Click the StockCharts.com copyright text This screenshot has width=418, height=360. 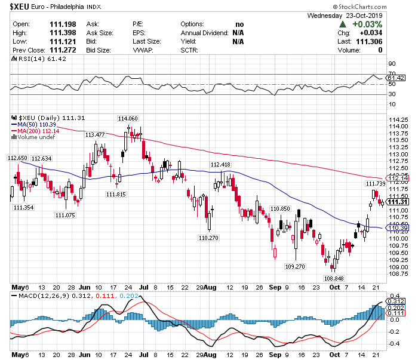click(380, 6)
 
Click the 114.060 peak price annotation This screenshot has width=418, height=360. click(128, 118)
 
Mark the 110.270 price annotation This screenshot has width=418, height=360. click(208, 238)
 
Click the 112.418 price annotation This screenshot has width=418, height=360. click(220, 164)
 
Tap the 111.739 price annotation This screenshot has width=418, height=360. click(376, 184)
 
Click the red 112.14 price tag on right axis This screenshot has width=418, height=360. click(398, 178)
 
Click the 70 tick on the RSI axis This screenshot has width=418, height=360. click(392, 63)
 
